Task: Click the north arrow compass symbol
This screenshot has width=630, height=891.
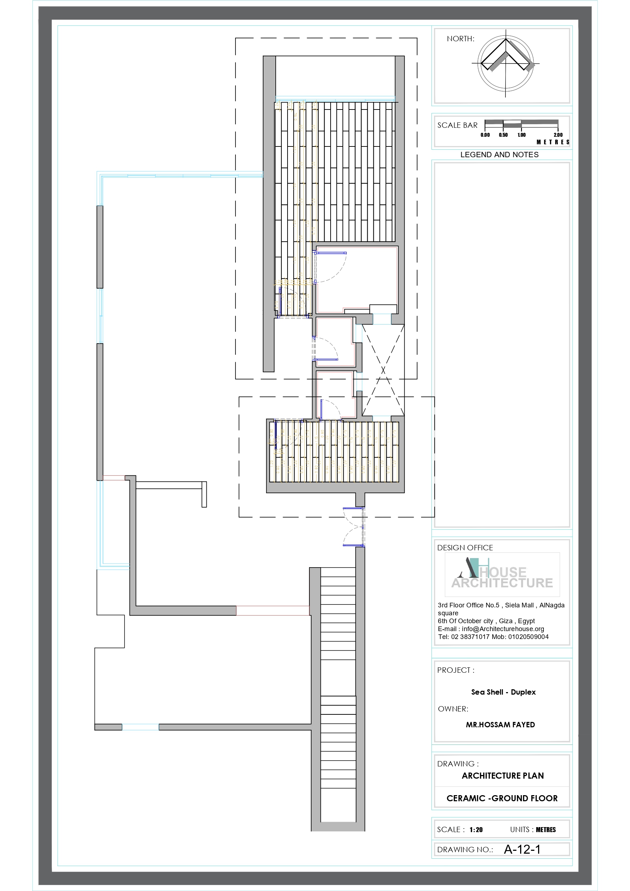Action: point(505,63)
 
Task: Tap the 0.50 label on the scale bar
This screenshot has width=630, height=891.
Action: point(503,135)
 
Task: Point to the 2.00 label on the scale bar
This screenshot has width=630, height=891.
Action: point(558,135)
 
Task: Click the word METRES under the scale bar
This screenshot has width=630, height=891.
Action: point(553,143)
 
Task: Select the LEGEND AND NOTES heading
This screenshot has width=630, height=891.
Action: point(499,155)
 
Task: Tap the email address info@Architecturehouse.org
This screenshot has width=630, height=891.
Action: point(503,629)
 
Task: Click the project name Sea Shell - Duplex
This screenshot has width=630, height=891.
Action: point(503,692)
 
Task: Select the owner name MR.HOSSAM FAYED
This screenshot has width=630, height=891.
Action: point(500,724)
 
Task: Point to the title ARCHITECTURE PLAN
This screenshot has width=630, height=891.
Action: point(502,775)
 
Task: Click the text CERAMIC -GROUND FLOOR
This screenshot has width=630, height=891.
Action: point(501,798)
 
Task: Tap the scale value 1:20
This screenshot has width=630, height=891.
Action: point(476,830)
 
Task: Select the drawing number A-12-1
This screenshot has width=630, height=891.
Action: point(522,849)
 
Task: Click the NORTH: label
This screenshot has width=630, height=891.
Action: point(460,39)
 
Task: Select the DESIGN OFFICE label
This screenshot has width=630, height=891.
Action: point(465,547)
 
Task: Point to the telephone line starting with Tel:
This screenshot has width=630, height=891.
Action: point(493,637)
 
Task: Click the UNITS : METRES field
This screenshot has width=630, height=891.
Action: point(533,830)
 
